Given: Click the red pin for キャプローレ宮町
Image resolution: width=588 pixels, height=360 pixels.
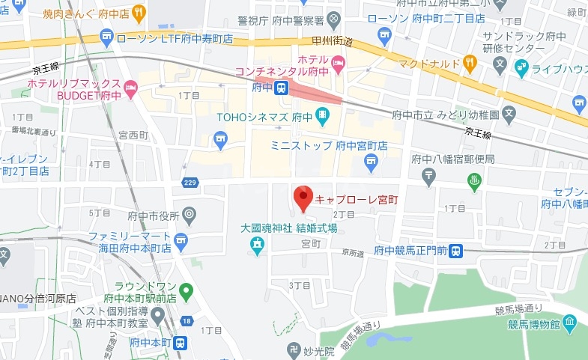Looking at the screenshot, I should (x=303, y=197).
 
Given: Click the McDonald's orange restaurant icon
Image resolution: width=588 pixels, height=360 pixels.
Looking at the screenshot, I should (x=470, y=63).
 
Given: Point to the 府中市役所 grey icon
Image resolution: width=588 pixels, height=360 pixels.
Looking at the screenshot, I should (x=189, y=216).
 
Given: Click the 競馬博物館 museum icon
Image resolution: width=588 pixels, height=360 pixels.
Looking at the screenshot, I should (x=570, y=323).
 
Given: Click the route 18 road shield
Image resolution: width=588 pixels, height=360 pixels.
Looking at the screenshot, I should (x=187, y=321).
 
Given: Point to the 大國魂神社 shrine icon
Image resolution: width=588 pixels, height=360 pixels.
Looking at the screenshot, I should (x=257, y=244).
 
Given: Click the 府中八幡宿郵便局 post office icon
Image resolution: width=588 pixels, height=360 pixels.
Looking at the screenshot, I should (x=428, y=176).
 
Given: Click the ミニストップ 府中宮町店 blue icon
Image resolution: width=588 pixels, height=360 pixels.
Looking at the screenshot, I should (x=370, y=160).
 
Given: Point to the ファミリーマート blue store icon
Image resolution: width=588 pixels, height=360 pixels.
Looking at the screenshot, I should (x=181, y=240).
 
